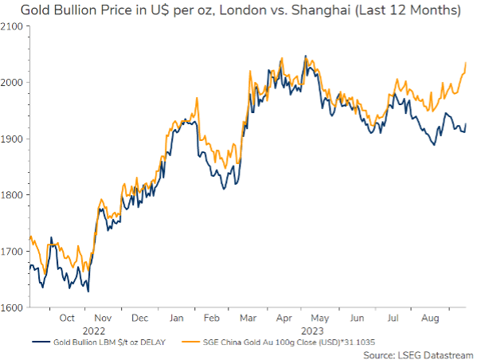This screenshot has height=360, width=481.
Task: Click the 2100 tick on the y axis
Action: point(14,26)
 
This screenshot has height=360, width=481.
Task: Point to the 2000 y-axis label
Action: point(14,83)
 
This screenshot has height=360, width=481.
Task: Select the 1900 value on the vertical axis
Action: point(14,139)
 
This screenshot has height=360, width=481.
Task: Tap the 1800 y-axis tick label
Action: point(14,195)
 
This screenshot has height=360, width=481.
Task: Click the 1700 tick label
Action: point(14,251)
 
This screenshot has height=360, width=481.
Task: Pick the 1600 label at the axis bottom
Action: point(14,307)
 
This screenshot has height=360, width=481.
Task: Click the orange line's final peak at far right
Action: point(465,63)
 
